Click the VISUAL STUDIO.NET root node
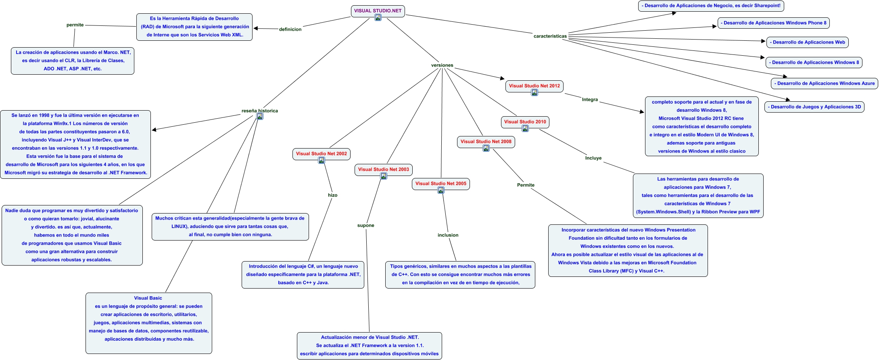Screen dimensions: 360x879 [x=378, y=11]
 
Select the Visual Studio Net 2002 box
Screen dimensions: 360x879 [x=321, y=154]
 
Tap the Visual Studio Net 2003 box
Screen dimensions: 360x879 [x=383, y=170]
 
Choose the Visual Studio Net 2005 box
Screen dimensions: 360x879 [x=441, y=184]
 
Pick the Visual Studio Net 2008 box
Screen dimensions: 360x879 [x=486, y=142]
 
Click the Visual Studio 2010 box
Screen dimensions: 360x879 [x=525, y=122]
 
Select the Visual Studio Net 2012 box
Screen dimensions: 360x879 [x=534, y=86]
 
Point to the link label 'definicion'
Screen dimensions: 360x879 [x=290, y=29]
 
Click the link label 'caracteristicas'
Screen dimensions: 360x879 [x=550, y=36]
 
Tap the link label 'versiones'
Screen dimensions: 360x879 [x=442, y=65]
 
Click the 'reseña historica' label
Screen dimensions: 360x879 [x=259, y=111]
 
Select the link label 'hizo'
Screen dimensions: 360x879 [x=332, y=195]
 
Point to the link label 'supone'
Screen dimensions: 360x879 [x=365, y=226]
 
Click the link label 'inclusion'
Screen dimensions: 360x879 [x=448, y=235]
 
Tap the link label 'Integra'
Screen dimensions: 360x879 [x=590, y=100]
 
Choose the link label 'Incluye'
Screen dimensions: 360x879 [x=593, y=158]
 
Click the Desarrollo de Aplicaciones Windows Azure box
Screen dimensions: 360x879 [x=824, y=84]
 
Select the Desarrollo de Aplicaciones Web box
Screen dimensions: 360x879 [x=807, y=42]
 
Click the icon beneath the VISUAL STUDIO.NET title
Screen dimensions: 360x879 [x=378, y=17]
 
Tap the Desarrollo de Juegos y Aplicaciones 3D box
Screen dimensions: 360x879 [x=814, y=107]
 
